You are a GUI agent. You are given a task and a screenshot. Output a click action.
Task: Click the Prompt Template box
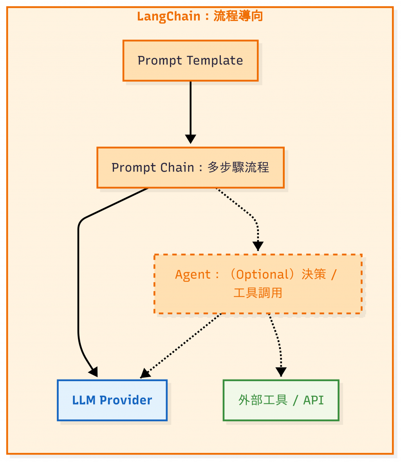(190, 61)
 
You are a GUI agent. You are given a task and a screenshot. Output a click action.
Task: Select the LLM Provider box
(112, 400)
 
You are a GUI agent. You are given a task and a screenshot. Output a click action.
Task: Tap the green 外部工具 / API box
(281, 400)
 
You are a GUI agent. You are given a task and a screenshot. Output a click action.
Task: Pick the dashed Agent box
(258, 284)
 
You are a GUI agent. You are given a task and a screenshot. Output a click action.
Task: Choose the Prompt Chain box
(190, 168)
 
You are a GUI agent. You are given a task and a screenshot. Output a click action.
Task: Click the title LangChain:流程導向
(200, 16)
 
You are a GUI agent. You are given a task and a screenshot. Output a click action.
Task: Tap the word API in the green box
(314, 400)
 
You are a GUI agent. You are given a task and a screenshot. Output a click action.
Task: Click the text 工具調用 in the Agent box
(258, 293)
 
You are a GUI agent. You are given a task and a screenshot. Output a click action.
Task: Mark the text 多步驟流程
(238, 168)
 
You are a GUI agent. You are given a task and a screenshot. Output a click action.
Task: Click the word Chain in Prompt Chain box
(180, 168)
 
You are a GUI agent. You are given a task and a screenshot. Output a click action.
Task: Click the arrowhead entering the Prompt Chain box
(190, 139)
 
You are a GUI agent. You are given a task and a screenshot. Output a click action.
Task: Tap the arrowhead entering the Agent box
(258, 246)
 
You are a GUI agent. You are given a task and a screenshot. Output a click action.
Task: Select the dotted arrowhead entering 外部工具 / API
(281, 372)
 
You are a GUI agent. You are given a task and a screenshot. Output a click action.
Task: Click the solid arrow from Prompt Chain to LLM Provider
(78, 274)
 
